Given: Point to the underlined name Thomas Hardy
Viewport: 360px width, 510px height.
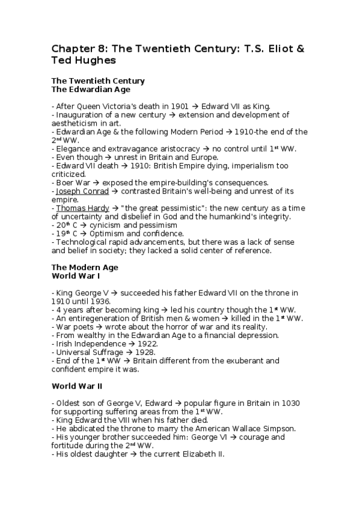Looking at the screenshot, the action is (82, 208).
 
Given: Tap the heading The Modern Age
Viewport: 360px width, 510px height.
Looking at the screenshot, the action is (85, 267).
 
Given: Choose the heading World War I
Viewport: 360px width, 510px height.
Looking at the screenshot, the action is (76, 275).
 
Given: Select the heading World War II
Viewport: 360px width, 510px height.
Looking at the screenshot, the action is (78, 386).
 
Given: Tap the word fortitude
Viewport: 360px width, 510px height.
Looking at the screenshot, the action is (69, 445).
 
